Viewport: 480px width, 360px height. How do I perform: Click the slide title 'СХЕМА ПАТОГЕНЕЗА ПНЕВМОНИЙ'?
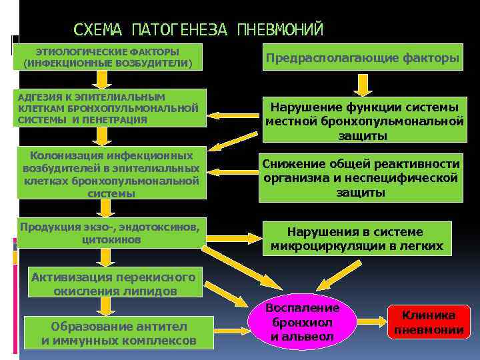tap(198, 29)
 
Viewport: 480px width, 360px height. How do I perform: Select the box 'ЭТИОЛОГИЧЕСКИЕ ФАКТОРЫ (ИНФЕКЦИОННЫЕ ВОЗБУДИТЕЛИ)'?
tap(107, 58)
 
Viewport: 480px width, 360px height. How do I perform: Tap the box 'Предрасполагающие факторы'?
tap(362, 58)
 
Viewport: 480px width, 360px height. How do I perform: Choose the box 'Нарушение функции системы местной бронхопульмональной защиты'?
tap(364, 121)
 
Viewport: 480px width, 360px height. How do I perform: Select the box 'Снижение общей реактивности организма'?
tap(361, 178)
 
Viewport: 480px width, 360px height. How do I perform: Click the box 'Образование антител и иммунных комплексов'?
tap(119, 333)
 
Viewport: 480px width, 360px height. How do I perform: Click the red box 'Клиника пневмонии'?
tap(429, 323)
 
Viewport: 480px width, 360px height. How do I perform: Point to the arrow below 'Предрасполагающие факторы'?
tap(362, 84)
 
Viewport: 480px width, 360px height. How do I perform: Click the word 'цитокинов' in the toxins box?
tap(111, 239)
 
